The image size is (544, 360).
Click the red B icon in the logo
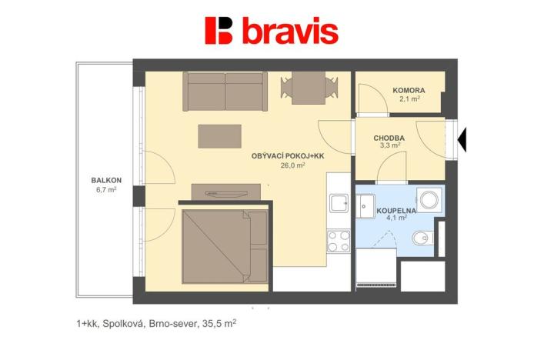click(x=219, y=31)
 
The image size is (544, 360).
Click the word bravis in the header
click(x=290, y=32)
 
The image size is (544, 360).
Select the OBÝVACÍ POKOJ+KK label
click(x=288, y=156)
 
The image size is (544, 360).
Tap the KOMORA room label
click(x=409, y=90)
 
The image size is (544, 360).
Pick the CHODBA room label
click(x=389, y=138)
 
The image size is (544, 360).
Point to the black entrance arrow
click(x=463, y=139)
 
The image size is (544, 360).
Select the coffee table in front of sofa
click(x=219, y=136)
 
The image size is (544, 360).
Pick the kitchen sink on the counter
click(x=339, y=203)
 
